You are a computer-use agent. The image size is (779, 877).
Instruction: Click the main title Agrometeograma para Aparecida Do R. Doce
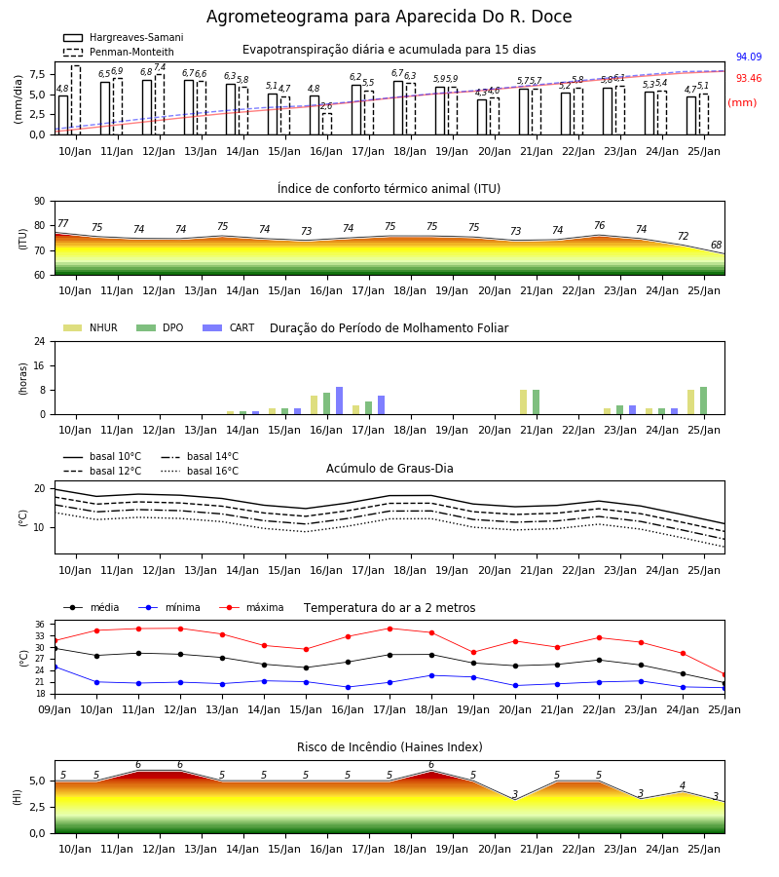[x=389, y=17]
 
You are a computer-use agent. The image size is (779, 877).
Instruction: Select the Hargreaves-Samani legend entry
[x=123, y=37]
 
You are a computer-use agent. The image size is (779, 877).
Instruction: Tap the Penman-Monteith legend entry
[x=119, y=52]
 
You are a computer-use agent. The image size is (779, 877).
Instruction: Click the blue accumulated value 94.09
[x=749, y=57]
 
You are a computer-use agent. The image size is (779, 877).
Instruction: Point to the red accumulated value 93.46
[x=749, y=78]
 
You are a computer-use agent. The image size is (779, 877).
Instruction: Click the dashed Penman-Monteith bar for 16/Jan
[x=327, y=124]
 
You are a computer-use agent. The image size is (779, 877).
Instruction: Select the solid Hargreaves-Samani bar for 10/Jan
[x=63, y=115]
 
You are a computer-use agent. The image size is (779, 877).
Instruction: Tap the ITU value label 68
[x=716, y=245]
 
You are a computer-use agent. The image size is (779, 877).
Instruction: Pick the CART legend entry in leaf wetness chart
[x=229, y=327]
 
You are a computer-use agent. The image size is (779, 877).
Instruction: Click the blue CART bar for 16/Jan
[x=339, y=401]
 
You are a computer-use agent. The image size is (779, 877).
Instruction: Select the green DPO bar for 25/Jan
[x=704, y=401]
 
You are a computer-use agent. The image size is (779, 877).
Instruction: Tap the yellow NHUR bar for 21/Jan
[x=524, y=402]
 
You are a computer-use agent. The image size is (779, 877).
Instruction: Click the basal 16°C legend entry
[x=200, y=471]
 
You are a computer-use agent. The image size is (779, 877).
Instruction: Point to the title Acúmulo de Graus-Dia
[x=389, y=469]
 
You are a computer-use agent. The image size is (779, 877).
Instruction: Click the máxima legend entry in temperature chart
[x=251, y=607]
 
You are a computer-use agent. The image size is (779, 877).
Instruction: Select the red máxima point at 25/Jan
[x=724, y=674]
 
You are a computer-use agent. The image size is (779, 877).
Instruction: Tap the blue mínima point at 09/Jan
[x=55, y=667]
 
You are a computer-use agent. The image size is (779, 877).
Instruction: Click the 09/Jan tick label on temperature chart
[x=55, y=709]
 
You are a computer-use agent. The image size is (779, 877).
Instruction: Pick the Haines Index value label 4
[x=683, y=785]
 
